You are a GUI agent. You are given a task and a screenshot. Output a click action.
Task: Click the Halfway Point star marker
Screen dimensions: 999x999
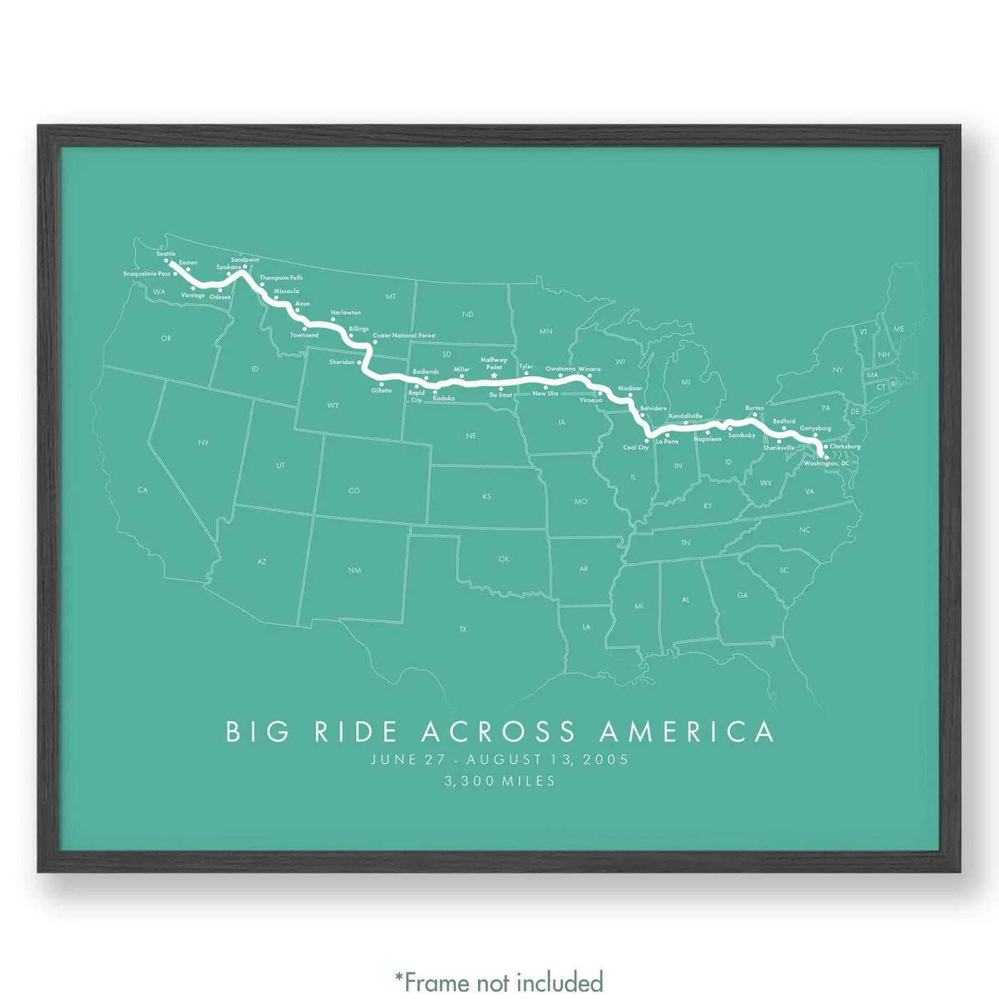pyautogui.click(x=494, y=376)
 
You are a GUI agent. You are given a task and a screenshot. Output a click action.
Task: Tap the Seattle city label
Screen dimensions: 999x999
pyautogui.click(x=166, y=254)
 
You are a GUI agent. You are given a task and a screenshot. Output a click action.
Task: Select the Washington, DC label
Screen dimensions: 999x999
pyautogui.click(x=826, y=464)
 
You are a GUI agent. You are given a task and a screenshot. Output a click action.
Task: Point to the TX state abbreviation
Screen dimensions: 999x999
pyautogui.click(x=463, y=629)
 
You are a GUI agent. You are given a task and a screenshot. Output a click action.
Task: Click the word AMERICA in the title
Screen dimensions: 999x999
pyautogui.click(x=686, y=732)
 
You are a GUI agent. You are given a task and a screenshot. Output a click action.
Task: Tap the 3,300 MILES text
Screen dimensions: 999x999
pyautogui.click(x=499, y=781)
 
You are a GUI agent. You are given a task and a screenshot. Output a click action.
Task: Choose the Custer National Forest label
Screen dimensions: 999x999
pyautogui.click(x=404, y=335)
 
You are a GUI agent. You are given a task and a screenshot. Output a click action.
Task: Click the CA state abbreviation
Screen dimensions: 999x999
pyautogui.click(x=143, y=490)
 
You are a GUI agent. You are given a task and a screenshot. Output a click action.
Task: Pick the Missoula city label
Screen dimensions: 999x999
pyautogui.click(x=286, y=291)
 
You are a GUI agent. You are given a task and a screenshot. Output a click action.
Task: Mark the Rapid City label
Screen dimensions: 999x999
pyautogui.click(x=417, y=396)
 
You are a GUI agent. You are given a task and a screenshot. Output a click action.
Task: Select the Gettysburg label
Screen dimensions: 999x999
pyautogui.click(x=815, y=428)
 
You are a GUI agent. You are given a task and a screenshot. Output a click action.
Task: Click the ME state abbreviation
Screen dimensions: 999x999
pyautogui.click(x=898, y=329)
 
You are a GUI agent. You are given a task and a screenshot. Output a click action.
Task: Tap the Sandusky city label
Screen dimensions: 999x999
pyautogui.click(x=741, y=435)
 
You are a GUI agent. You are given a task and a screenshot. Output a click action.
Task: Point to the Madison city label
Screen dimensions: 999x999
pyautogui.click(x=630, y=389)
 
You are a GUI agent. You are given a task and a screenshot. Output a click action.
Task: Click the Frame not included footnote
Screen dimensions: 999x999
pyautogui.click(x=499, y=982)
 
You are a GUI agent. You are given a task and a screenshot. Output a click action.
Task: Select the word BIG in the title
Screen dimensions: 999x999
pyautogui.click(x=258, y=732)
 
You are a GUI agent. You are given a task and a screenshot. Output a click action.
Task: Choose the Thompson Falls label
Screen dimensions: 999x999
pyautogui.click(x=281, y=278)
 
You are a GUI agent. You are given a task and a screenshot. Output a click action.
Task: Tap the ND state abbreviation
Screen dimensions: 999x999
pyautogui.click(x=467, y=314)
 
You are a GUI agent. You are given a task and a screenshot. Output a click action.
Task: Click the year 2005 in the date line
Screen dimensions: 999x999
pyautogui.click(x=606, y=760)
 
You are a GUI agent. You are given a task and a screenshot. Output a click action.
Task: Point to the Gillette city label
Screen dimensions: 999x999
pyautogui.click(x=382, y=390)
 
